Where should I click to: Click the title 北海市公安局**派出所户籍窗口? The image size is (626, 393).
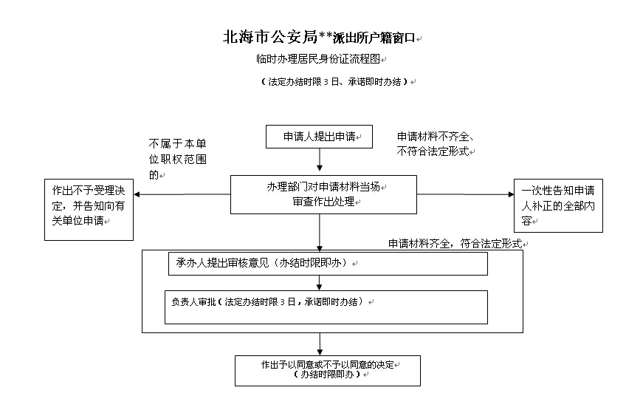coord(319,37)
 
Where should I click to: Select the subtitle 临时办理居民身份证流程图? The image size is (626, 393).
coord(318,59)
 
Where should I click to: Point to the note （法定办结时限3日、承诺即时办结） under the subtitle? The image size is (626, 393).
coord(334,82)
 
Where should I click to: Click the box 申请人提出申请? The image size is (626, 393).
coord(319,137)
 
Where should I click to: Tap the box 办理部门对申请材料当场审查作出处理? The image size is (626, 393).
coord(323,194)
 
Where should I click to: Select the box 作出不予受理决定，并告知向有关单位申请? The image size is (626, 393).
coord(89,210)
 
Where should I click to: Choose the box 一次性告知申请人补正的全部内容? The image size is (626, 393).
coord(558,205)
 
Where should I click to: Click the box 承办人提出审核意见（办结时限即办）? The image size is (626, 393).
coord(328,264)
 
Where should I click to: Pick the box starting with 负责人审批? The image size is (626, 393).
coord(326,307)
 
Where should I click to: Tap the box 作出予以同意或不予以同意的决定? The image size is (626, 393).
coord(327,371)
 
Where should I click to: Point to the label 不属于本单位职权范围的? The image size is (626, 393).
coord(178,159)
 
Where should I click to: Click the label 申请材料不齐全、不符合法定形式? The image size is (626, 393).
coord(435,144)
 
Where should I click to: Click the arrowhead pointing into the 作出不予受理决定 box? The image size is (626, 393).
coord(137,194)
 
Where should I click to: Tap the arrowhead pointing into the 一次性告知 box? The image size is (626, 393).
coord(511,194)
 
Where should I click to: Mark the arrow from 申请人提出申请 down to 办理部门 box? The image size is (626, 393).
coord(320,160)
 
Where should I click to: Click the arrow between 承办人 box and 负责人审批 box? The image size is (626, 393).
coord(319,283)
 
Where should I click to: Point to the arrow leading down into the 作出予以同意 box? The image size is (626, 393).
coord(320,344)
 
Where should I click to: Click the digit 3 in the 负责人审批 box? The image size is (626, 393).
coord(283,302)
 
